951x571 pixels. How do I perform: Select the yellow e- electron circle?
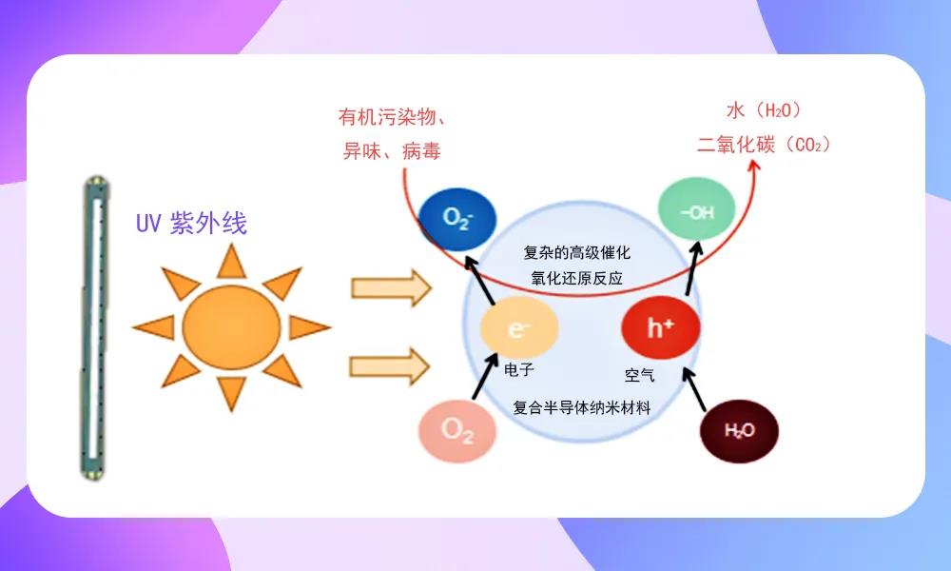pos(518,329)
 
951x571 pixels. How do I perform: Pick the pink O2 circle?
pos(457,430)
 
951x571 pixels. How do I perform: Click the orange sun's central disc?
pos(231,325)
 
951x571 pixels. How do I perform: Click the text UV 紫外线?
pos(191,225)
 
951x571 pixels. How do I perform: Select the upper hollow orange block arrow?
pos(391,287)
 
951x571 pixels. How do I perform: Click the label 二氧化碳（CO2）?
pos(765,145)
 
